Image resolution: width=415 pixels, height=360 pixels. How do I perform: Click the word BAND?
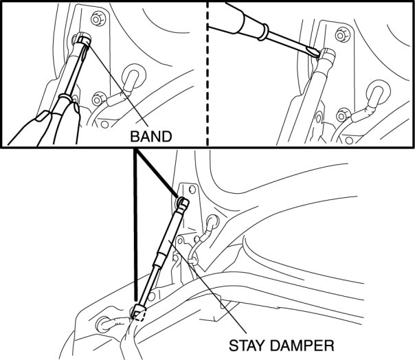(x=150, y=136)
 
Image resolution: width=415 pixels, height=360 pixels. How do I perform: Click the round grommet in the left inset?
(x=133, y=74)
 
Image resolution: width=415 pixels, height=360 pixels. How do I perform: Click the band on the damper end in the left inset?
(x=82, y=42)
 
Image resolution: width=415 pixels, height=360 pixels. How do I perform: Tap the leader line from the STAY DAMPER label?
(x=220, y=295)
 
